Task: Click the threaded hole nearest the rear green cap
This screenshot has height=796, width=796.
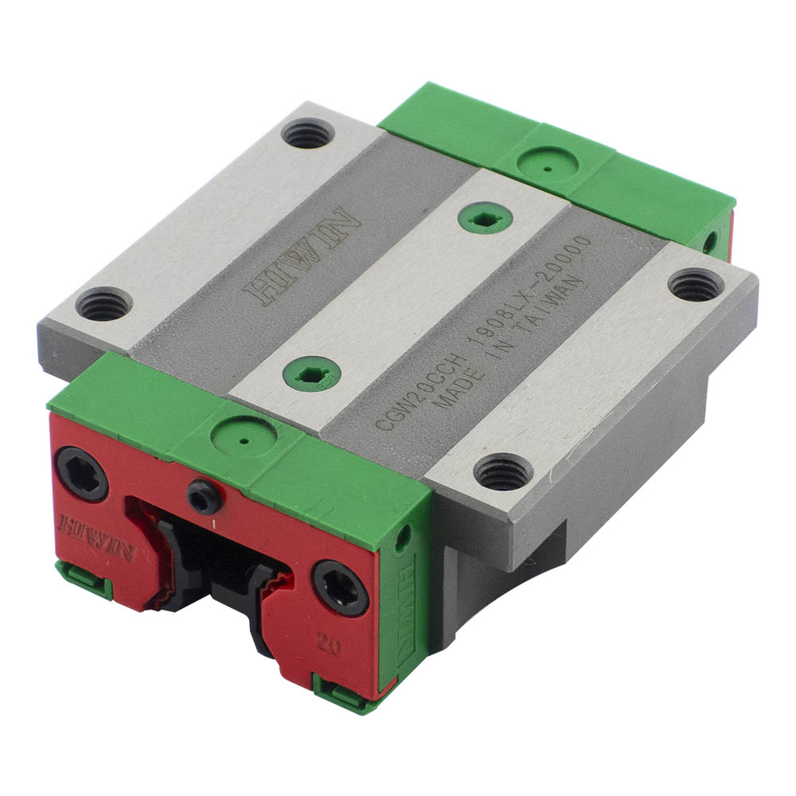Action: pos(308,133)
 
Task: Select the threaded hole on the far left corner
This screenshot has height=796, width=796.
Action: pos(104,304)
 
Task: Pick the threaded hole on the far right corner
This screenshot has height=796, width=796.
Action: pos(695,285)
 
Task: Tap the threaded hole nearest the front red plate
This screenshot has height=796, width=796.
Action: pos(503,472)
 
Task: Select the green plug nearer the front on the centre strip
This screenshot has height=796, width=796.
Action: pos(312,373)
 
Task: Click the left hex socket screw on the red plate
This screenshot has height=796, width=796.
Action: pos(81,474)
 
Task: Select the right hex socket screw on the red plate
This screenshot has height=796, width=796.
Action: pos(340,587)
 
